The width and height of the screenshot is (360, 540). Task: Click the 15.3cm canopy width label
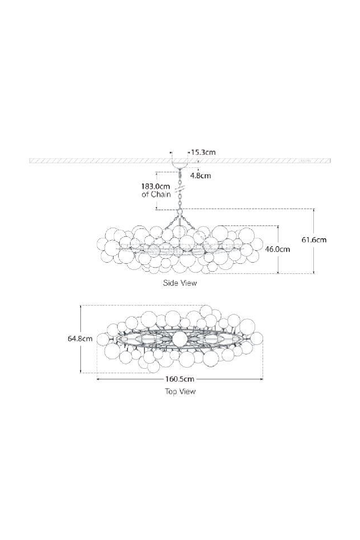click(203, 152)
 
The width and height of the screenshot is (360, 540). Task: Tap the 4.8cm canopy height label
click(201, 176)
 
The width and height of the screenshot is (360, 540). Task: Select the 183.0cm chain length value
click(155, 187)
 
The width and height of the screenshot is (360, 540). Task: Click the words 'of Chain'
click(156, 194)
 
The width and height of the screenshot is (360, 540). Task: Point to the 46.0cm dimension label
click(277, 249)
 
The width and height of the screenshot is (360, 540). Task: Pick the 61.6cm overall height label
click(314, 239)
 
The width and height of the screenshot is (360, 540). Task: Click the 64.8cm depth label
click(80, 338)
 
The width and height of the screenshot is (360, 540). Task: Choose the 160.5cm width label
click(180, 379)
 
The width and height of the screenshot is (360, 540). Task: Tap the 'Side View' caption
click(180, 283)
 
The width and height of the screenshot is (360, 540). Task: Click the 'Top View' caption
click(180, 391)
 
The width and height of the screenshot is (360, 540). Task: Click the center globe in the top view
click(179, 338)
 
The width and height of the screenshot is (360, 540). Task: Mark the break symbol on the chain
click(180, 188)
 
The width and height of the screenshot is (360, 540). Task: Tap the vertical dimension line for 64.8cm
click(81, 356)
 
